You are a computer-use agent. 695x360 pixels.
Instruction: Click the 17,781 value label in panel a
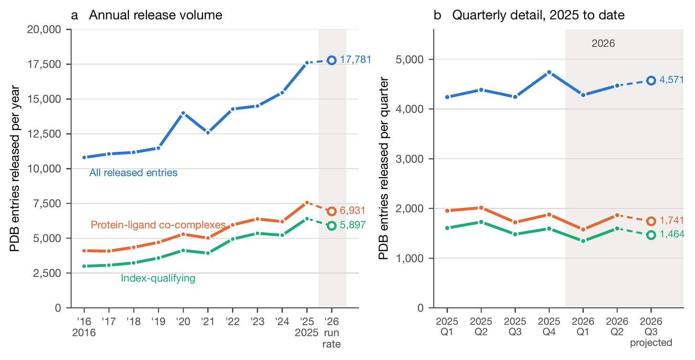tap(356, 59)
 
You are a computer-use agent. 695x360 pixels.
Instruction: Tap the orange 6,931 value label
tap(352, 211)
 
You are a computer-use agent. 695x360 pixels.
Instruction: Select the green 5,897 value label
tap(352, 225)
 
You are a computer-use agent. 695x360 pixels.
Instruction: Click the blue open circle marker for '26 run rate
tap(332, 60)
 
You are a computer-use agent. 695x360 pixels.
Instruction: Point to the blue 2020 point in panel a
tap(183, 113)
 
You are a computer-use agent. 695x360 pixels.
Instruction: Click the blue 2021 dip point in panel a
tap(208, 133)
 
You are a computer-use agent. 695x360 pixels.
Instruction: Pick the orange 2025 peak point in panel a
tap(307, 202)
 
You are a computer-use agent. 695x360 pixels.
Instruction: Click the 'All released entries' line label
tap(134, 172)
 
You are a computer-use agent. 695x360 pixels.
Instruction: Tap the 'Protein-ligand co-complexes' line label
tap(158, 224)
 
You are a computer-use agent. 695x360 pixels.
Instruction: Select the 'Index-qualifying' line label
tap(158, 278)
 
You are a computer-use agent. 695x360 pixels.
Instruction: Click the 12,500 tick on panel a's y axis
tap(44, 134)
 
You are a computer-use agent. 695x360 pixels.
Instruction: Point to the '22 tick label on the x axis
tap(233, 321)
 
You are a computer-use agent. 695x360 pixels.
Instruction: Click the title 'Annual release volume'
tap(156, 15)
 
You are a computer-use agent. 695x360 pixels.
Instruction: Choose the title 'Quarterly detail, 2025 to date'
tap(538, 15)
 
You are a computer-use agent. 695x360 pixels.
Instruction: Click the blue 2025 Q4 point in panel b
tap(549, 72)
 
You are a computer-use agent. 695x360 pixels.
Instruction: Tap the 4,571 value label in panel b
tap(672, 80)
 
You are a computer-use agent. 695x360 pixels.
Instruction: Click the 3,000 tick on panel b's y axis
tap(410, 159)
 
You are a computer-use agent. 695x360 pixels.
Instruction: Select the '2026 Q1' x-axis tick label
tap(583, 327)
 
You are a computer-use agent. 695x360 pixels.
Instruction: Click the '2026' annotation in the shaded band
tap(603, 43)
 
